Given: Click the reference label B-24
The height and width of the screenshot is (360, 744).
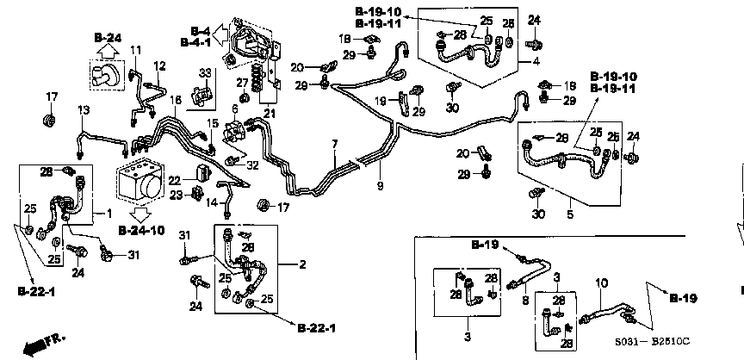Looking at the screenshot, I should pyautogui.click(x=109, y=37).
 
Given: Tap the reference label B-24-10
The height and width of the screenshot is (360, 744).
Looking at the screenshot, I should pyautogui.click(x=141, y=231).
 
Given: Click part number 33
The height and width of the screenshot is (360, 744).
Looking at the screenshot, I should pyautogui.click(x=205, y=71).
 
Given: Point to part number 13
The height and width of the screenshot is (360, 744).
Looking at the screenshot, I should pyautogui.click(x=84, y=109).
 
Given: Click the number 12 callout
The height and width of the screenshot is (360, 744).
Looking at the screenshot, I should pyautogui.click(x=159, y=66).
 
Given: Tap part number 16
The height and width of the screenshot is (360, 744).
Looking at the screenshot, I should pyautogui.click(x=176, y=101).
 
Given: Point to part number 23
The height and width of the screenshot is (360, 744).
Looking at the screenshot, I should pyautogui.click(x=175, y=196).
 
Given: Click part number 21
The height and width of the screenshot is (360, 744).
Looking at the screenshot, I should pyautogui.click(x=270, y=113).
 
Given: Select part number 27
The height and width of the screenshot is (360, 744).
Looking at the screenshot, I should pyautogui.click(x=243, y=83).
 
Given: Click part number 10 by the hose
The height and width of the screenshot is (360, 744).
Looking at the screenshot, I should pyautogui.click(x=601, y=282).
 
